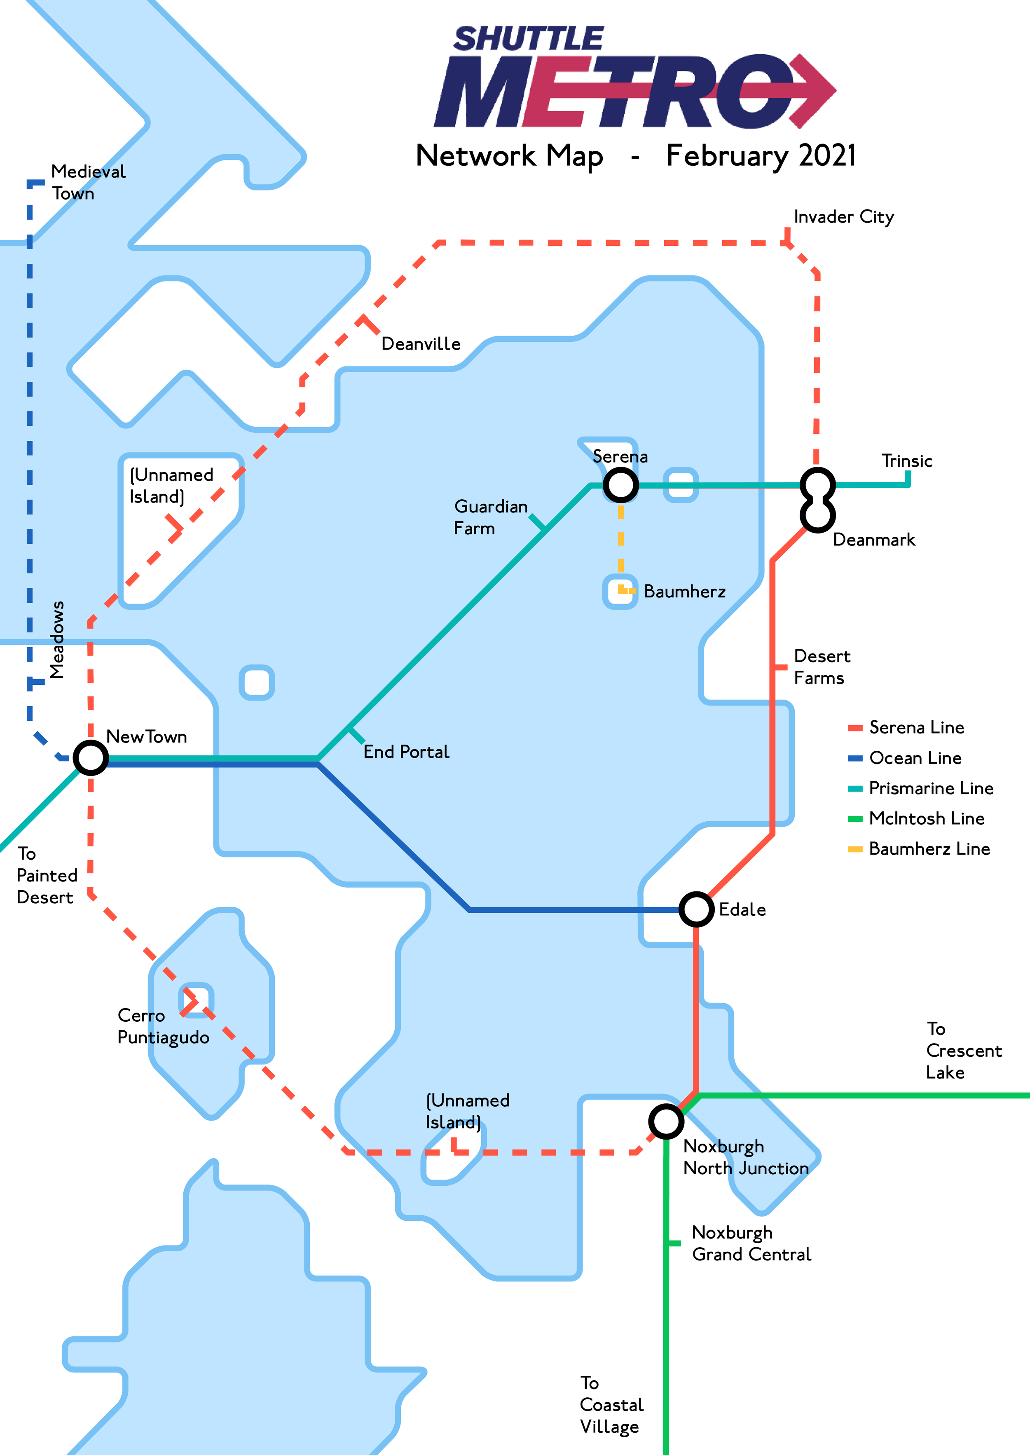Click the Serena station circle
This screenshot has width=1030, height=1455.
620,485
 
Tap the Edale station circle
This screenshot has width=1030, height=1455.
696,909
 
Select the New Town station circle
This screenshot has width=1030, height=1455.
91,758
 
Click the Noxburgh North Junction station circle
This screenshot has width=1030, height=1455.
666,1121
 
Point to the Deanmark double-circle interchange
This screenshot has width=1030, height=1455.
817,500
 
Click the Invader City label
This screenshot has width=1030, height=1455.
843,217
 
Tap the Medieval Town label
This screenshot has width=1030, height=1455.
88,182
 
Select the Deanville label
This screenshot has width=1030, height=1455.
421,344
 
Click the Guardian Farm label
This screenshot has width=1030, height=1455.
490,517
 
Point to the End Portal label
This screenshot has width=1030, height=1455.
406,752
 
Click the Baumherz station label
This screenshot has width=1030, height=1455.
684,591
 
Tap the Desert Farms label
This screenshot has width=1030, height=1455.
822,667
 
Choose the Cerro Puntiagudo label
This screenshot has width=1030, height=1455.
163,1026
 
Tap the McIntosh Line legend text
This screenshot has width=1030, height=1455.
926,818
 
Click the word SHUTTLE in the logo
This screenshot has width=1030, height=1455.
528,39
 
